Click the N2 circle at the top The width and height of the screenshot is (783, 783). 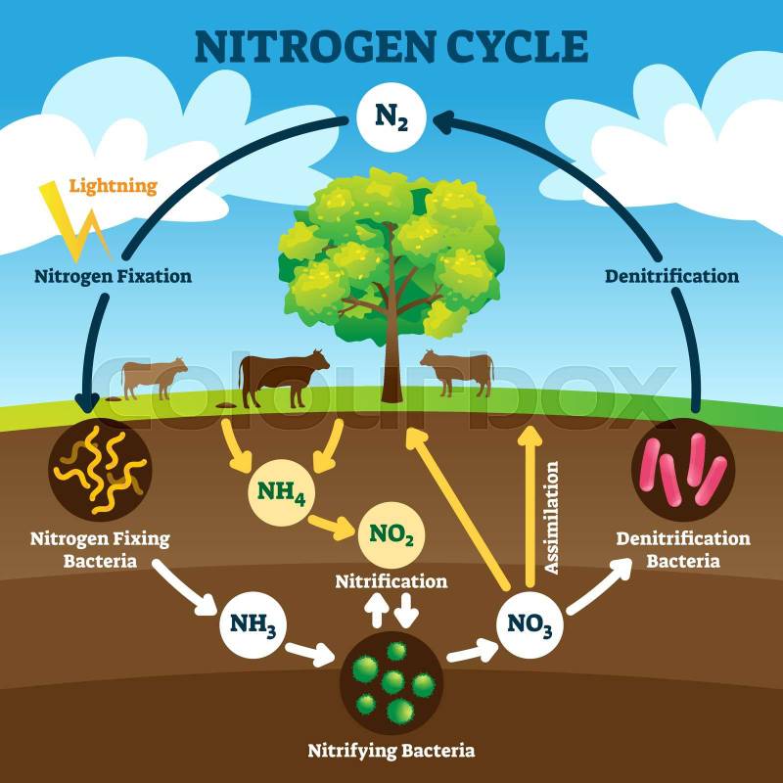pyautogui.click(x=391, y=117)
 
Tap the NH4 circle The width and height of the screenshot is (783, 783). pyautogui.click(x=281, y=492)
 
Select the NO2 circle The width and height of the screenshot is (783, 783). pyautogui.click(x=391, y=534)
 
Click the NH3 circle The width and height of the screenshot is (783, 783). pyautogui.click(x=253, y=624)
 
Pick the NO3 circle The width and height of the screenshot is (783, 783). pyautogui.click(x=530, y=624)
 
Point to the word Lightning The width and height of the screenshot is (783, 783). pyautogui.click(x=113, y=186)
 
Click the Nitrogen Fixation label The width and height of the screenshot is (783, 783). pyautogui.click(x=113, y=276)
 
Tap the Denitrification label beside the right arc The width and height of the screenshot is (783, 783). pyautogui.click(x=671, y=276)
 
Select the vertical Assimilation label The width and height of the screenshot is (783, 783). pyautogui.click(x=551, y=518)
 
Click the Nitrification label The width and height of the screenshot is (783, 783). pyautogui.click(x=391, y=581)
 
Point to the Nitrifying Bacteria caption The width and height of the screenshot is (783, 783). pyautogui.click(x=391, y=751)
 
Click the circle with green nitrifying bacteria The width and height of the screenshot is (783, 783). pyautogui.click(x=391, y=682)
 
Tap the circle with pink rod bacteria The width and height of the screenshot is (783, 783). pyautogui.click(x=683, y=470)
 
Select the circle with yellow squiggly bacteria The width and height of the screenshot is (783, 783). pyautogui.click(x=100, y=470)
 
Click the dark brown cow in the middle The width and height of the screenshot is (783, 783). pyautogui.click(x=283, y=378)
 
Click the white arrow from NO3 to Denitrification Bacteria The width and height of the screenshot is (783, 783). pyautogui.click(x=599, y=586)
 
